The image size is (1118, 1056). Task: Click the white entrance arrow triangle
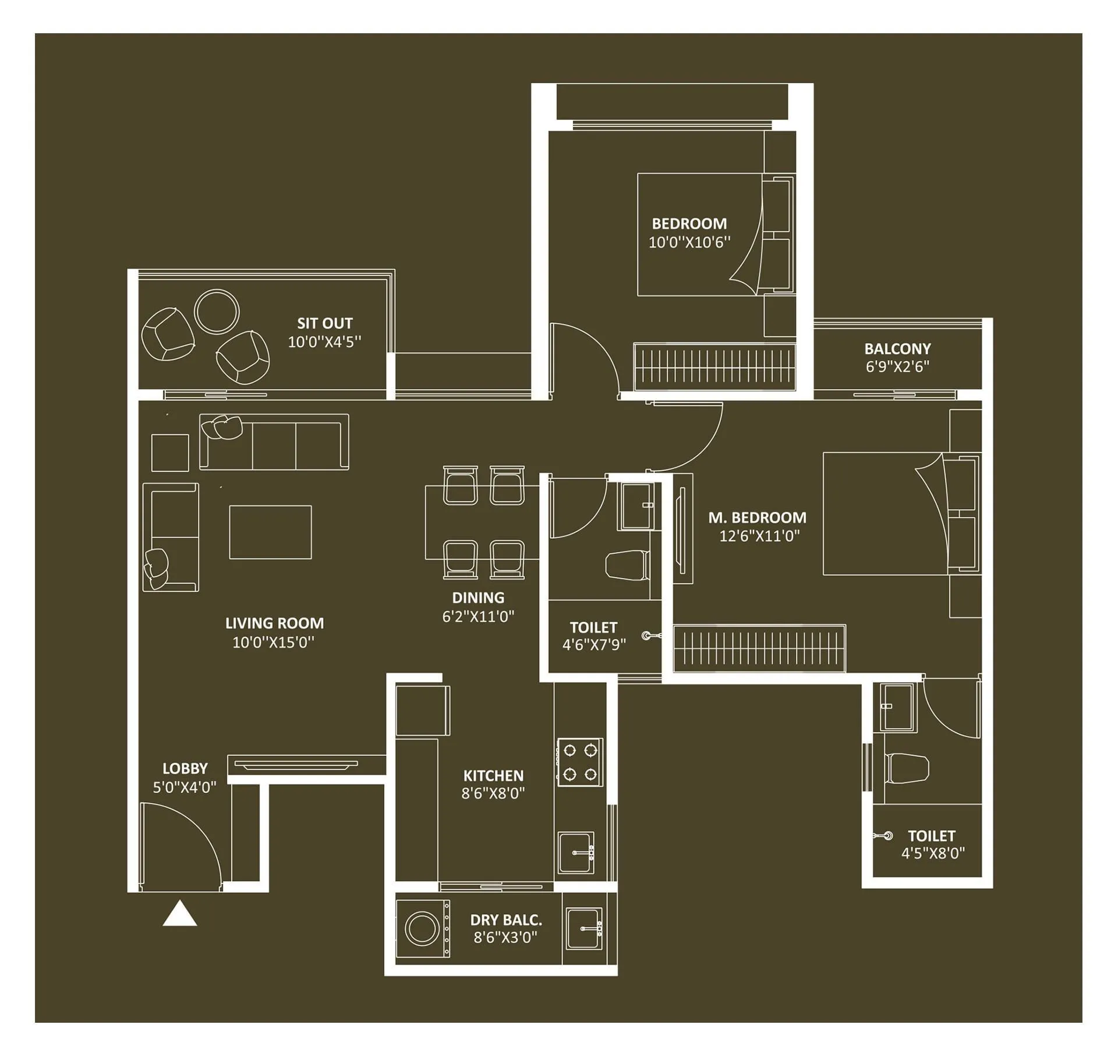[180, 914]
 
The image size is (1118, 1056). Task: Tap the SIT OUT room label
[325, 323]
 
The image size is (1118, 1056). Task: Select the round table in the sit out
[217, 312]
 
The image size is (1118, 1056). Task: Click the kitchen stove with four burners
[580, 761]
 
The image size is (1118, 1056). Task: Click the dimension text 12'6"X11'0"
[759, 536]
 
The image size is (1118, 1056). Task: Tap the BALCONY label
[897, 349]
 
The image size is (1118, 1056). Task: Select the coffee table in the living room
[270, 532]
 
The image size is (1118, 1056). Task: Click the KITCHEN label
[493, 775]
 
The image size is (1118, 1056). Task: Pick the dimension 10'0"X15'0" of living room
[273, 642]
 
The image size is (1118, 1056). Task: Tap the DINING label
[478, 598]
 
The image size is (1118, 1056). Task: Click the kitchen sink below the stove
[576, 853]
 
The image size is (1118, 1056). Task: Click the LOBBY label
[185, 768]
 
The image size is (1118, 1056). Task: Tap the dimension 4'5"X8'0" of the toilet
[933, 853]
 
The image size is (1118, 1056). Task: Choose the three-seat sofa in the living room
[274, 442]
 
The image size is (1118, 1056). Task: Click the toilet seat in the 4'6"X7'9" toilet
[628, 566]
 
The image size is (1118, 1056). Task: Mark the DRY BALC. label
[506, 920]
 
